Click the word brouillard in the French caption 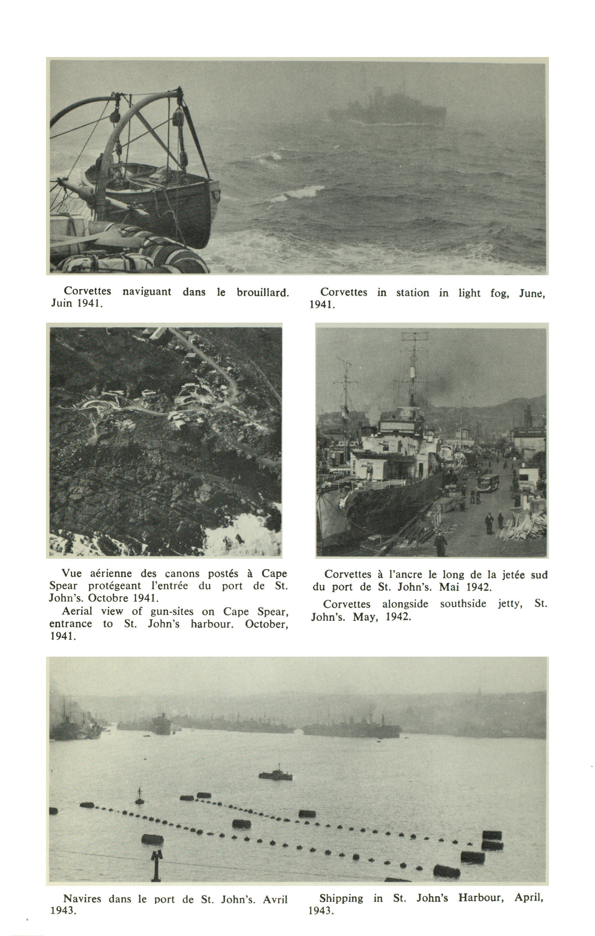point(263,293)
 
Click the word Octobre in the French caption point(109,598)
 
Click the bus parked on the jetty point(488,482)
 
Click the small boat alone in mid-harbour point(276,775)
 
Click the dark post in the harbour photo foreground point(156,865)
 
